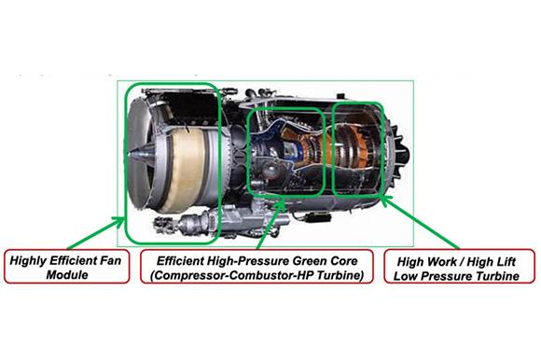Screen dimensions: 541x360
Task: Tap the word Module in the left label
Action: point(67,275)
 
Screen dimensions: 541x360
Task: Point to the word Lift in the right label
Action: point(505,261)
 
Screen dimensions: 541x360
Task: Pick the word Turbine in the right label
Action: point(497,276)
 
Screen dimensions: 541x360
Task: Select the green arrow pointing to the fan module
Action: point(95,233)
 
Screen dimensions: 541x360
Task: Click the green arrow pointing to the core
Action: point(271,224)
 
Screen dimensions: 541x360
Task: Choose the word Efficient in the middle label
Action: point(179,261)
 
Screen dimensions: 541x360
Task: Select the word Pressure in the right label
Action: point(447,276)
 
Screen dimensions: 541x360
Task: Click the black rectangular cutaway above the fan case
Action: point(189,108)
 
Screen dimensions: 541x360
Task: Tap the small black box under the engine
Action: point(319,217)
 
